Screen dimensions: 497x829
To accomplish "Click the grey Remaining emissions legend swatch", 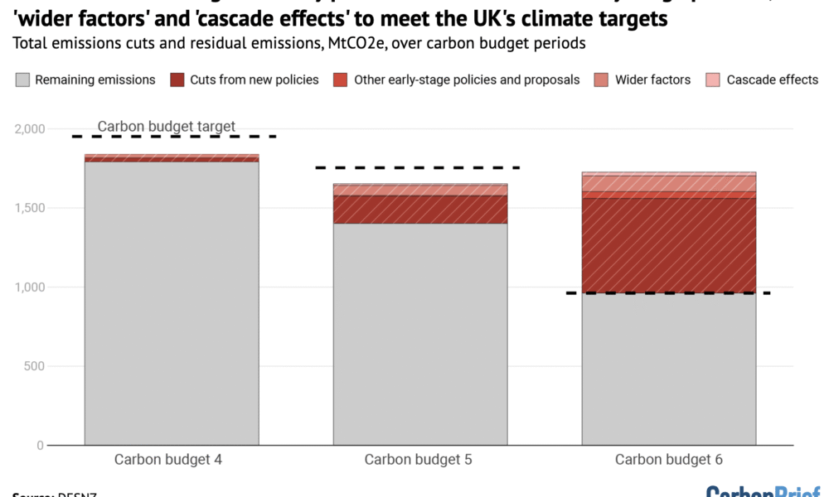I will [x=22, y=80].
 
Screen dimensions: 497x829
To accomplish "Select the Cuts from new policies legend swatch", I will [x=177, y=80].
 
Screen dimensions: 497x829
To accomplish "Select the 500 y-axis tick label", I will [x=34, y=366].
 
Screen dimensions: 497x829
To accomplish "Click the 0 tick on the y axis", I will [x=39, y=446].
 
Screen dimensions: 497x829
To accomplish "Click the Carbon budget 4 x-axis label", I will [x=168, y=460].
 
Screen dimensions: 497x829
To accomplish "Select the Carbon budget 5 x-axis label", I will [x=419, y=460].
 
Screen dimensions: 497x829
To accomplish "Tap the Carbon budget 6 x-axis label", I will [x=669, y=460].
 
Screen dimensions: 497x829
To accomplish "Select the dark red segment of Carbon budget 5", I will [x=420, y=210].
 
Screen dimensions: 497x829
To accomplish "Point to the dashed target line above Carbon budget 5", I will [x=418, y=167].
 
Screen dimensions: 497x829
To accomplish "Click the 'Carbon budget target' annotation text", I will [x=167, y=127].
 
